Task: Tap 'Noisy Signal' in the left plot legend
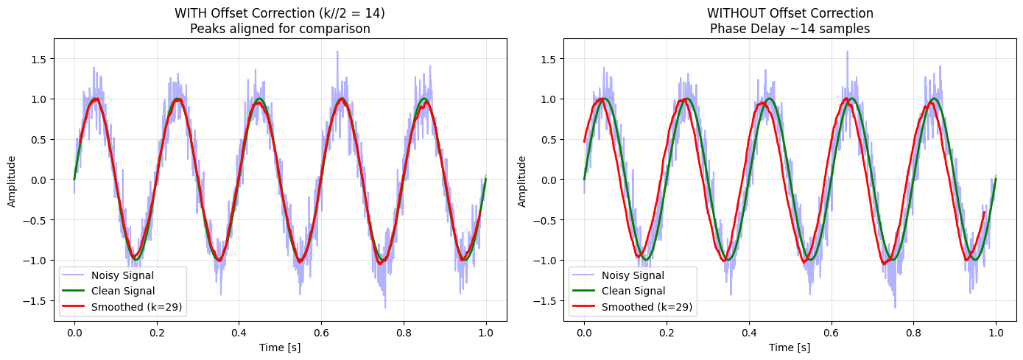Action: pos(122,275)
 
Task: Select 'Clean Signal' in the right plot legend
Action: pos(633,291)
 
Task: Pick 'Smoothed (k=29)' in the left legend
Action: pos(136,307)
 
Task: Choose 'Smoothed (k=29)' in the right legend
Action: pos(647,307)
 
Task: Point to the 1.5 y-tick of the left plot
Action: pos(38,59)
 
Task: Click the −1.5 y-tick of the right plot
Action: pos(544,300)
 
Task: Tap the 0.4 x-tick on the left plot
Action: pos(239,333)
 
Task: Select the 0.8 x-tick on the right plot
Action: pos(913,333)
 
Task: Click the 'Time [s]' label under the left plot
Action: pos(280,347)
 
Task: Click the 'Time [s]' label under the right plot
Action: pos(790,347)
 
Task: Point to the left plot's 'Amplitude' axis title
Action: pos(12,182)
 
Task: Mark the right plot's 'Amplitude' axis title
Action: pos(521,182)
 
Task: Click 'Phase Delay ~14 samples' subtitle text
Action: pos(790,29)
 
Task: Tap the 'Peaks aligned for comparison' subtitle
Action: pos(280,29)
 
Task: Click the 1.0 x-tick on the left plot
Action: pos(486,333)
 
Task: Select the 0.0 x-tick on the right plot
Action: pos(584,333)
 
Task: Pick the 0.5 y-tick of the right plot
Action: pos(549,139)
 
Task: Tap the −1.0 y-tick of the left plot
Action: pos(35,260)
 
